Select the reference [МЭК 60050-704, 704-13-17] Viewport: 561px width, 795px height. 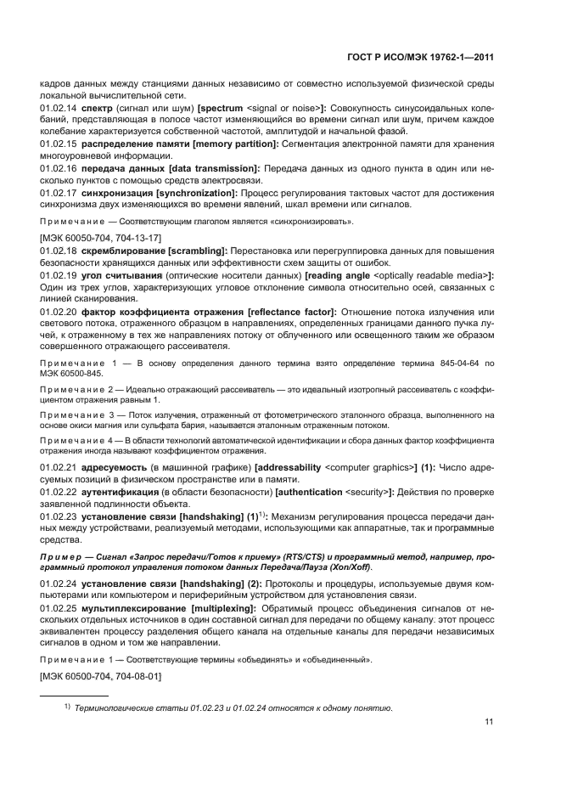click(x=101, y=239)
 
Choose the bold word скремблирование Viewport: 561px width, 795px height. click(x=124, y=251)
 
